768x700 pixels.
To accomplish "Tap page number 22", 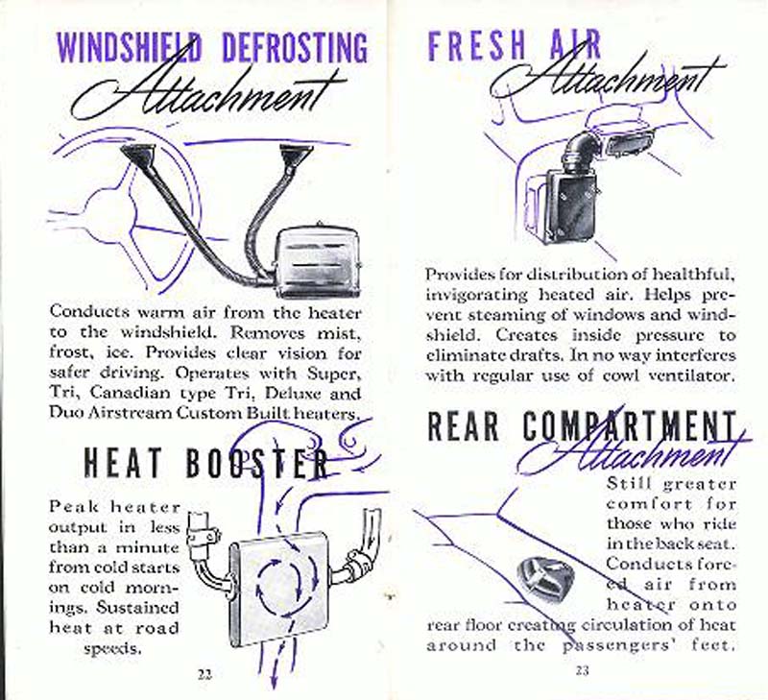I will coord(204,672).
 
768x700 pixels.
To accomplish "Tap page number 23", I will coord(583,670).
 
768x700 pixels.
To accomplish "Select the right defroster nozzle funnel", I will coord(291,153).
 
